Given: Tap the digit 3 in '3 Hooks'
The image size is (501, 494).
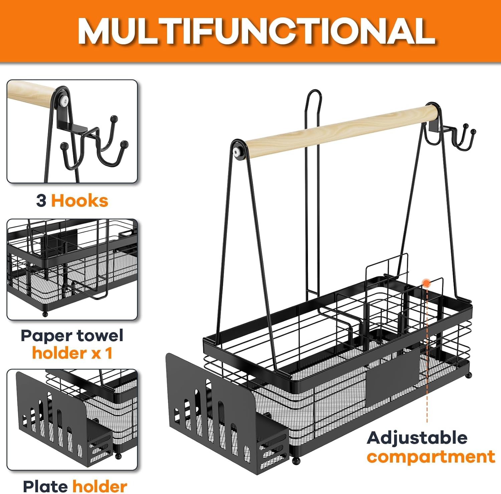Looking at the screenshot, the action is pos(41,201).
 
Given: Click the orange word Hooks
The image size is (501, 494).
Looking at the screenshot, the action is pos(79,201).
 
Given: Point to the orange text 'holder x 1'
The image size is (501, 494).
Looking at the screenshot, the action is pos(72,353).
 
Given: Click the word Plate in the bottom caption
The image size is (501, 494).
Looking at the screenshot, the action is pos(46,486).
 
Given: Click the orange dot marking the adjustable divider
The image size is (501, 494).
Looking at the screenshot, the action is pos(426,283).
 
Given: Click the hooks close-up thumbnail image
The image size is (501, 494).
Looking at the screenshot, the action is pos(72,131).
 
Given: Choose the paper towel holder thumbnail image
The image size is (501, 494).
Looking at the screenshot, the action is pos(72,269).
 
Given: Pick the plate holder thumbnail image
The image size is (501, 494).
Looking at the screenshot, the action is pos(72,420).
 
